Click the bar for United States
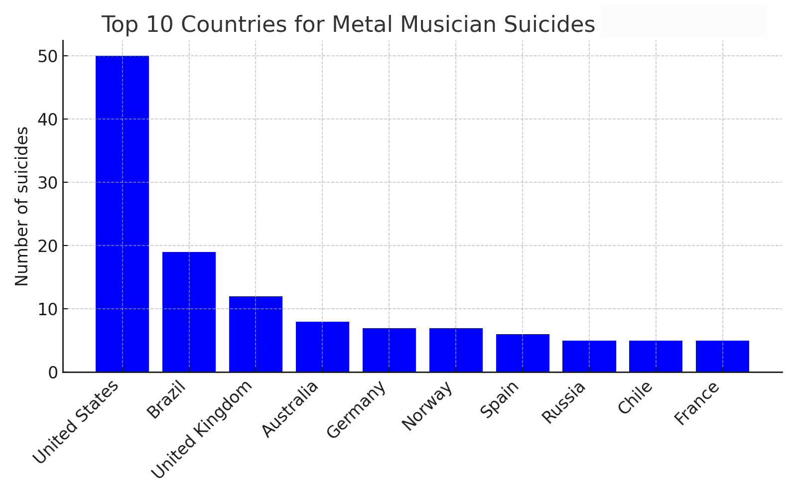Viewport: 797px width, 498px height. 122,214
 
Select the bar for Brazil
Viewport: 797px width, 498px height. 189,312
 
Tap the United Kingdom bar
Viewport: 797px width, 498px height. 256,334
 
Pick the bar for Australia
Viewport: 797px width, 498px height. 322,347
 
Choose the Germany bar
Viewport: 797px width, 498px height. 389,350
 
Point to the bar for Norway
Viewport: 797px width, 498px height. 456,350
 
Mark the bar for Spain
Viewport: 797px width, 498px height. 523,353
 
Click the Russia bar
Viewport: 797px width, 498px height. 589,357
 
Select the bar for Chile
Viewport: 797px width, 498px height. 656,357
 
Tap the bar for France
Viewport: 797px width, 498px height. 722,357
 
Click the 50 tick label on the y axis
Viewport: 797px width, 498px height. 47,56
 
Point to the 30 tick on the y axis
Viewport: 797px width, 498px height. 47,183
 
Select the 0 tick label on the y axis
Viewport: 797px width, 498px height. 53,373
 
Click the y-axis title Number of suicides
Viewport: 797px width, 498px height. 22,206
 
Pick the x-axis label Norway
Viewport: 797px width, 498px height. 427,405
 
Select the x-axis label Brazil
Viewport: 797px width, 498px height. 166,399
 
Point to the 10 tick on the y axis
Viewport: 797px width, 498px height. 47,309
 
